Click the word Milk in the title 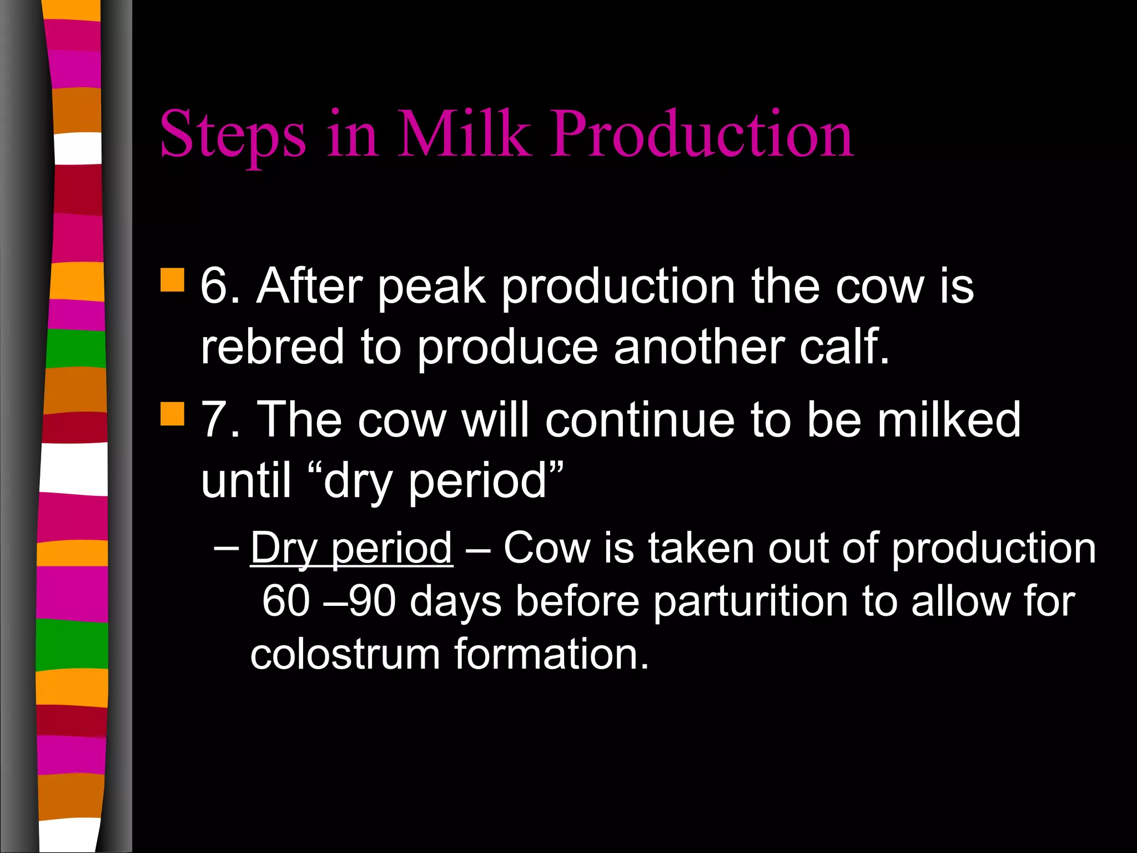[464, 135]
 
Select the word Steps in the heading [233, 135]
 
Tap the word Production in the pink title [702, 135]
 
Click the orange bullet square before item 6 [172, 280]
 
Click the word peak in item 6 [432, 288]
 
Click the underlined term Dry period [351, 549]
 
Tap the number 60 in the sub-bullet [285, 602]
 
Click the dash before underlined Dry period [226, 549]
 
